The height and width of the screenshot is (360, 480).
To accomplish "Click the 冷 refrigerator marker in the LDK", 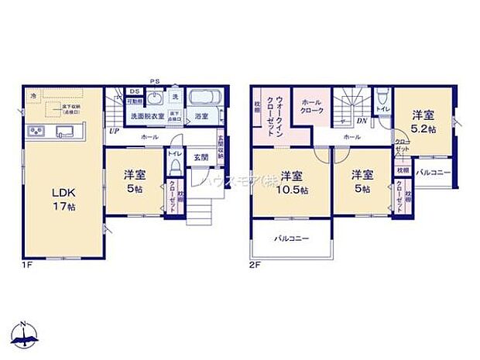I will pos(33,95).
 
